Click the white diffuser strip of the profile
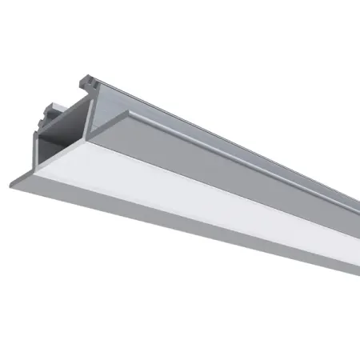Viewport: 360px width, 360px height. (200, 192)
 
